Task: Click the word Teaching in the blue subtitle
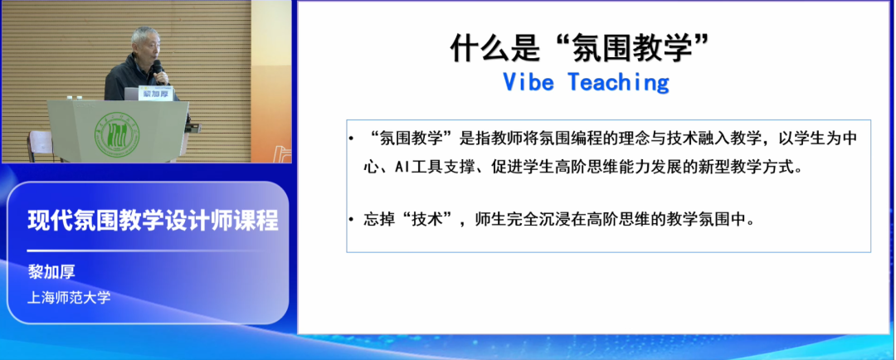619,82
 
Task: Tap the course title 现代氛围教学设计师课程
153,221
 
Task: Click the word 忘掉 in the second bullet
377,221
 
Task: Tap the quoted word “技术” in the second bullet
426,221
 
